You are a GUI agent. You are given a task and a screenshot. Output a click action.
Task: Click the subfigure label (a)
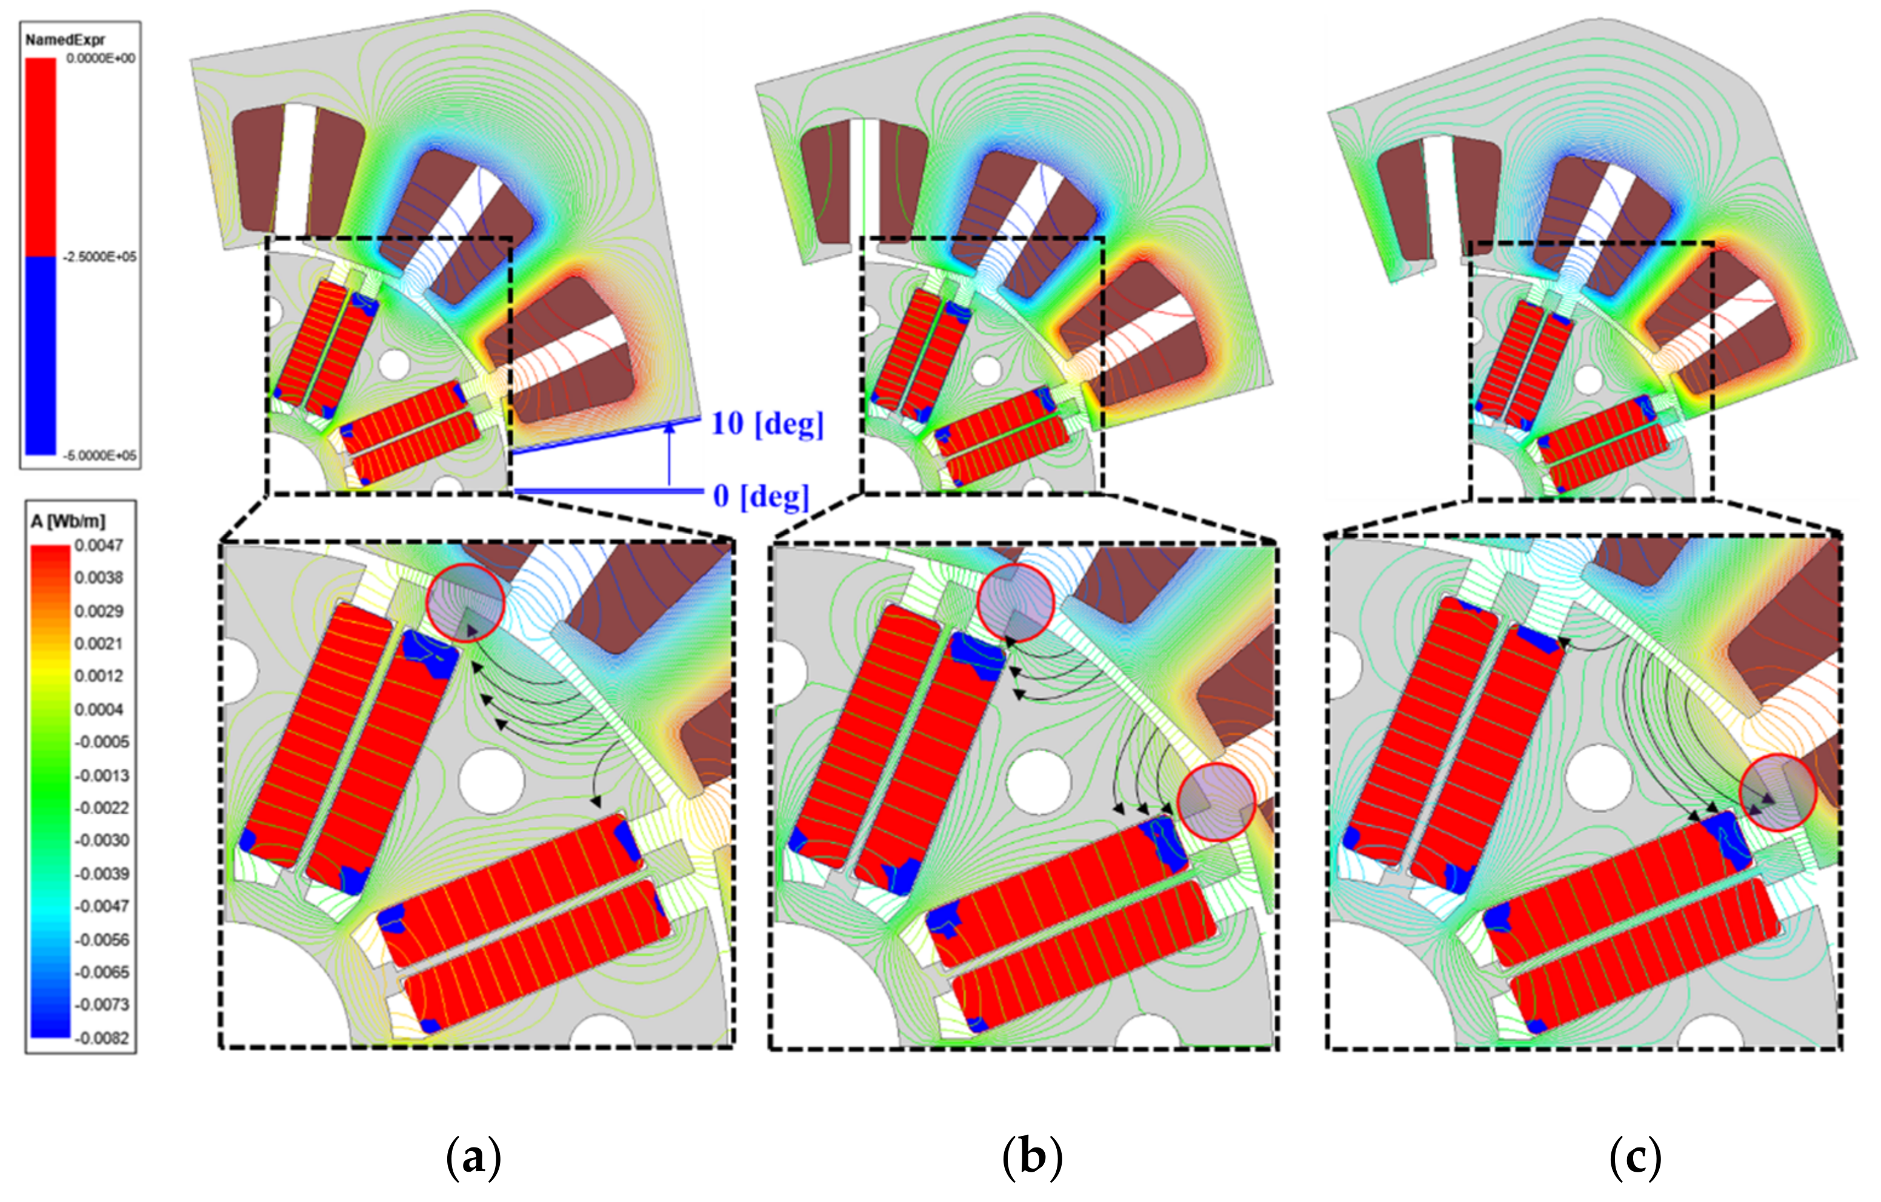pyautogui.click(x=473, y=1157)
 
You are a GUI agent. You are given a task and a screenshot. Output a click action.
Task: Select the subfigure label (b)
pyautogui.click(x=1032, y=1157)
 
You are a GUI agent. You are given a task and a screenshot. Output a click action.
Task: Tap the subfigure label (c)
pyautogui.click(x=1635, y=1157)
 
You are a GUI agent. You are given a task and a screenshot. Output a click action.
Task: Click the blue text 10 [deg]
pyautogui.click(x=767, y=423)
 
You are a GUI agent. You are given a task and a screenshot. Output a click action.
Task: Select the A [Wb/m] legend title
pyautogui.click(x=68, y=521)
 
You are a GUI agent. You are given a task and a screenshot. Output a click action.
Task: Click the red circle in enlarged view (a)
pyautogui.click(x=467, y=602)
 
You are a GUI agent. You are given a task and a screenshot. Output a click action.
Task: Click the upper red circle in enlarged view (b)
pyautogui.click(x=1016, y=602)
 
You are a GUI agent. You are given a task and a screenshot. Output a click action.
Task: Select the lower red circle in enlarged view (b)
pyautogui.click(x=1216, y=802)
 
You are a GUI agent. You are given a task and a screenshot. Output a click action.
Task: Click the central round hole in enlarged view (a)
pyautogui.click(x=491, y=781)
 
